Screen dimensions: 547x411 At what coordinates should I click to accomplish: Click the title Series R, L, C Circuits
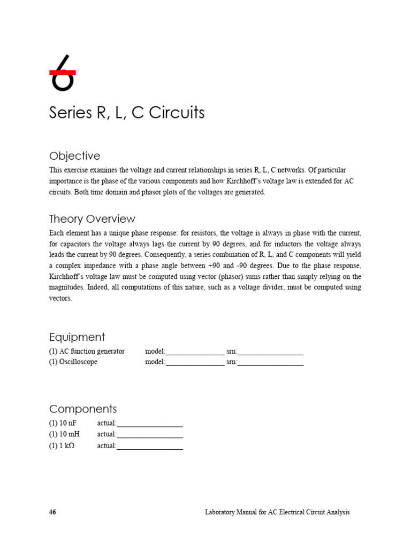127,113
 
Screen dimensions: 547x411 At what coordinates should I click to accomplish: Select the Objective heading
74,156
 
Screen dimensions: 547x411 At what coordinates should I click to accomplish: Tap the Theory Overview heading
92,219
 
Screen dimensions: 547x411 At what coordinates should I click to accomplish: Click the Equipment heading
77,337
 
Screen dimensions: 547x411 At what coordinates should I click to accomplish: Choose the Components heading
83,409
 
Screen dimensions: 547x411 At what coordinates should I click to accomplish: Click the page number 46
52,512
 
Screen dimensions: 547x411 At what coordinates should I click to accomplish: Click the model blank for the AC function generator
195,353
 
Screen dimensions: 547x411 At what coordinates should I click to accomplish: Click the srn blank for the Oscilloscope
270,363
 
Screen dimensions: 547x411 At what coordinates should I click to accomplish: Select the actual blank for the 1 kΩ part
150,447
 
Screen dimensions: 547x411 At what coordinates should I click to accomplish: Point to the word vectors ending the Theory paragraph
60,299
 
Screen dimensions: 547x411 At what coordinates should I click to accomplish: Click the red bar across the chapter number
62,72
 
